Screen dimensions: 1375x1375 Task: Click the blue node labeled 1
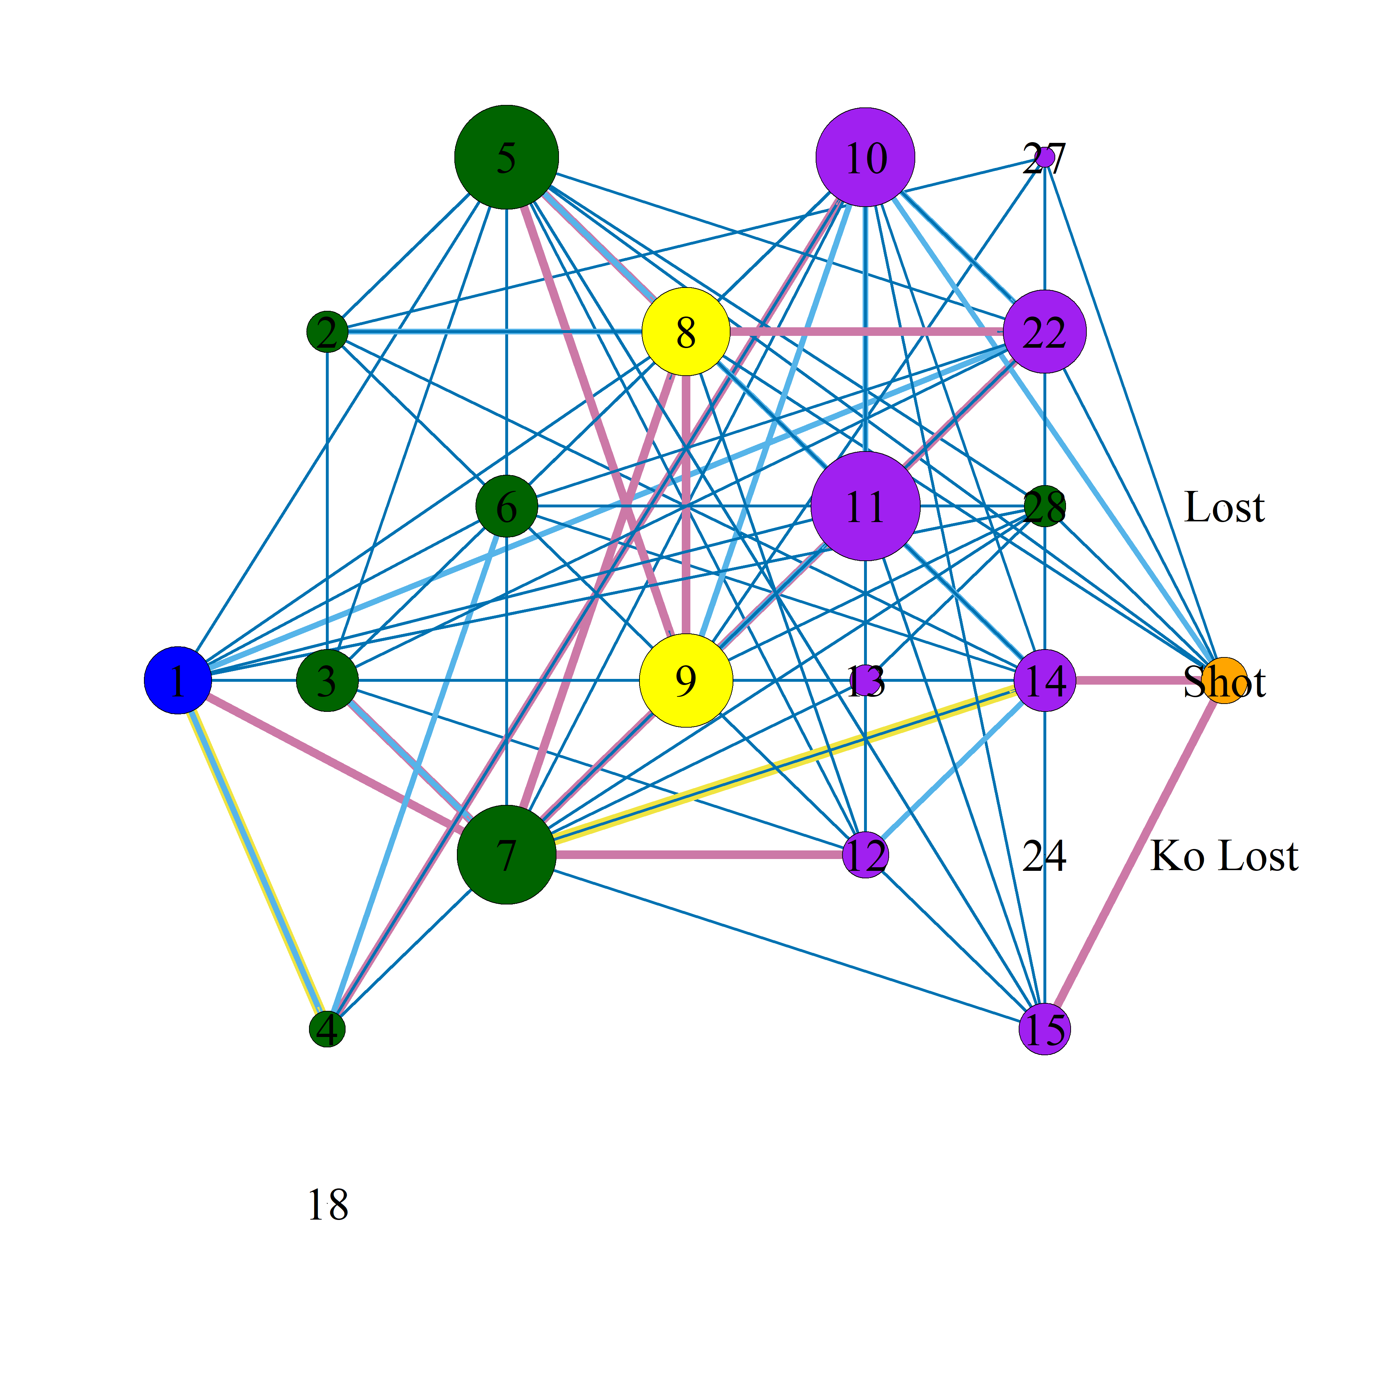pyautogui.click(x=178, y=680)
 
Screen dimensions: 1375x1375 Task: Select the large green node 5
pyautogui.click(x=507, y=157)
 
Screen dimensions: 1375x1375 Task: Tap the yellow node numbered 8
pyautogui.click(x=686, y=332)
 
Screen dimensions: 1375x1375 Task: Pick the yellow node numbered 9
pyautogui.click(x=686, y=680)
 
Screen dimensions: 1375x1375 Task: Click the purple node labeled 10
pyautogui.click(x=865, y=157)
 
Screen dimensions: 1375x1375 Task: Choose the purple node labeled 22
pyautogui.click(x=1045, y=332)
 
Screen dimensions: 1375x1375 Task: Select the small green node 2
pyautogui.click(x=327, y=332)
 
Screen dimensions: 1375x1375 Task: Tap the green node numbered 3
pyautogui.click(x=327, y=680)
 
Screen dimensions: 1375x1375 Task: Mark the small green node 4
pyautogui.click(x=327, y=1029)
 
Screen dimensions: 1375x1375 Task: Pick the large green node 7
pyautogui.click(x=507, y=855)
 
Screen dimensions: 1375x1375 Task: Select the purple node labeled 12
pyautogui.click(x=865, y=855)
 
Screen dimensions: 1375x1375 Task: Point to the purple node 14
pyautogui.click(x=1045, y=680)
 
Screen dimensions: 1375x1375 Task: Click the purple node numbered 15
pyautogui.click(x=1045, y=1029)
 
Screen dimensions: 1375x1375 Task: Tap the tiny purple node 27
pyautogui.click(x=1045, y=157)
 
